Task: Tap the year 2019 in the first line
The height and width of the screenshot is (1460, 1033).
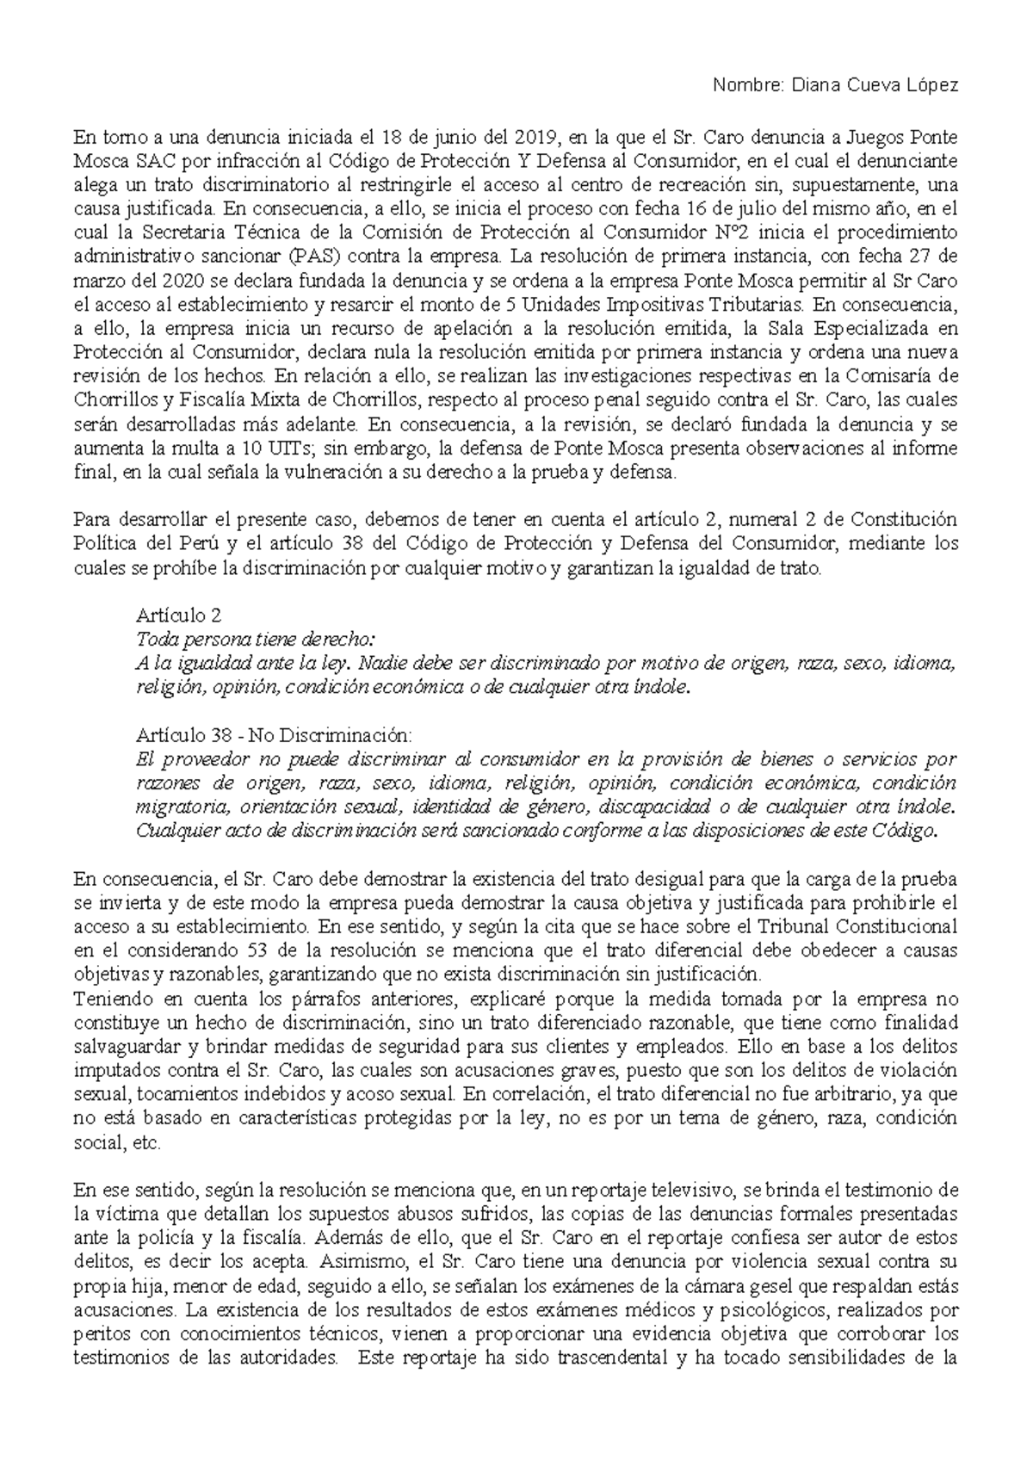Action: (535, 137)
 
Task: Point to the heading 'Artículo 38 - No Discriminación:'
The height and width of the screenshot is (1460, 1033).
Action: (275, 735)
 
